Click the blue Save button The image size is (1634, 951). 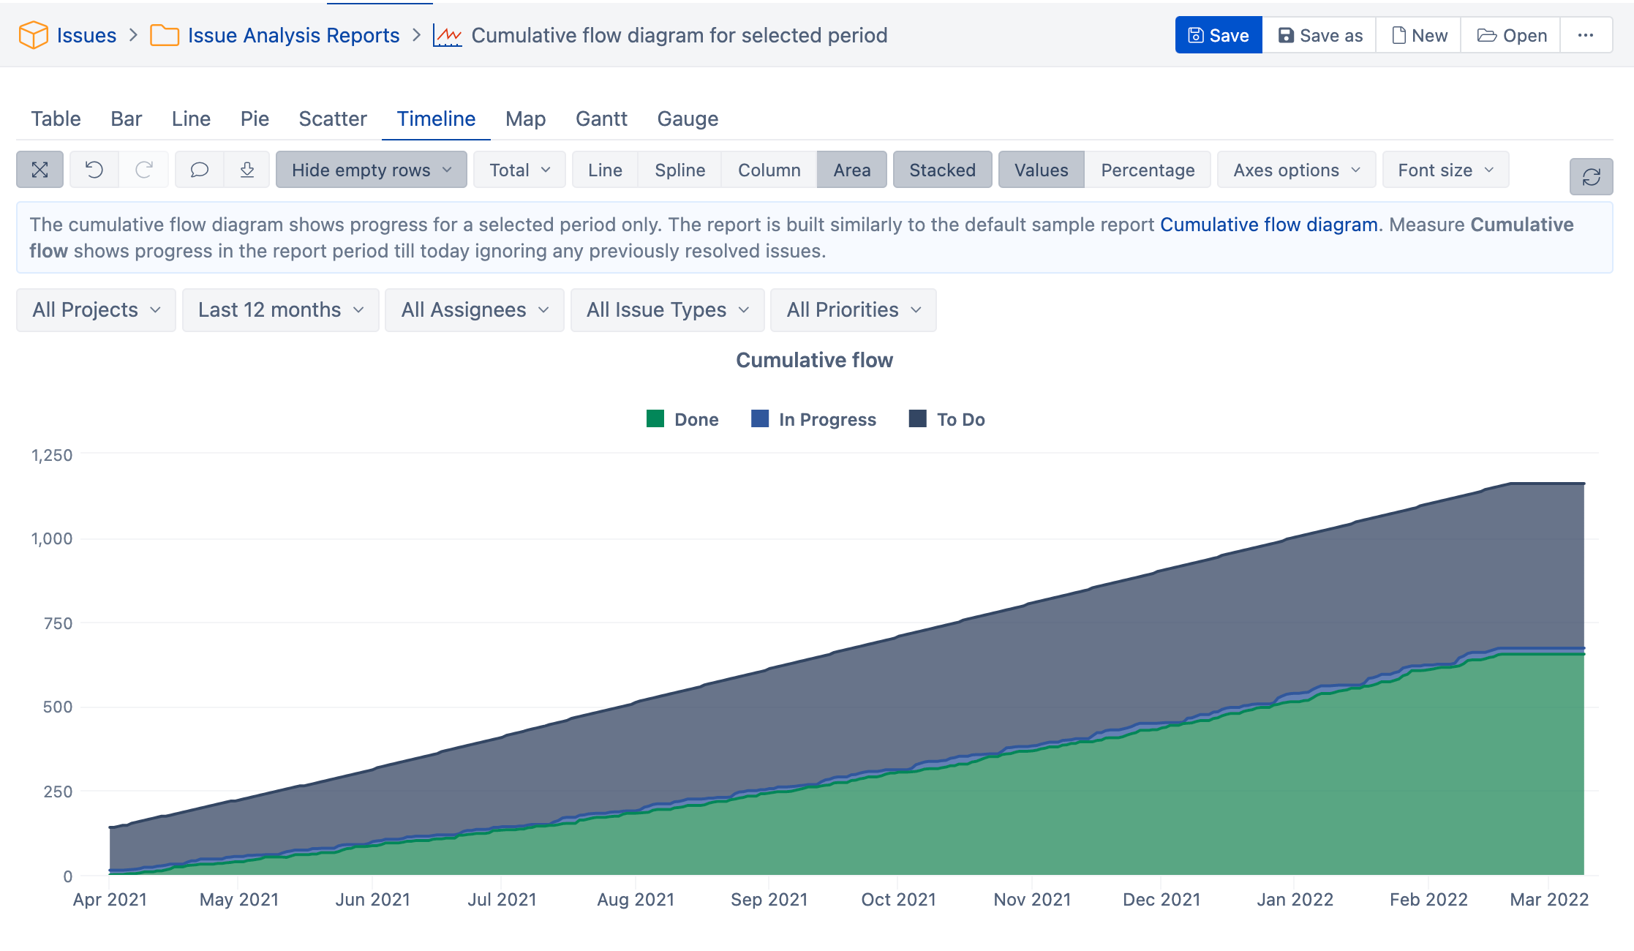[1218, 35]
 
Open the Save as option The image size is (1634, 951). [1319, 35]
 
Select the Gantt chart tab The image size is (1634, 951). [600, 119]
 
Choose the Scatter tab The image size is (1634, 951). [332, 119]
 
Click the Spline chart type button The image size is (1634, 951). [679, 170]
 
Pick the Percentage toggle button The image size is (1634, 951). [1147, 170]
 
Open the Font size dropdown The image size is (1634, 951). [1445, 170]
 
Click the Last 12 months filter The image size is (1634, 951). [280, 309]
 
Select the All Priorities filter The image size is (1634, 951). [853, 309]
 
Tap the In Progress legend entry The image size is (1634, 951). [813, 419]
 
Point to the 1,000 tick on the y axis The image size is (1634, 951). [51, 539]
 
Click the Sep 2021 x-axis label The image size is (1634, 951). [769, 899]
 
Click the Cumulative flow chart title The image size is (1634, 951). [814, 360]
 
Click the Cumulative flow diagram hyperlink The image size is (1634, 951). [1268, 225]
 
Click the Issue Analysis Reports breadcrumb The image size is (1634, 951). [293, 35]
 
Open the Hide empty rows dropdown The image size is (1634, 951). [371, 170]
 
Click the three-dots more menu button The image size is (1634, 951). [1585, 35]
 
